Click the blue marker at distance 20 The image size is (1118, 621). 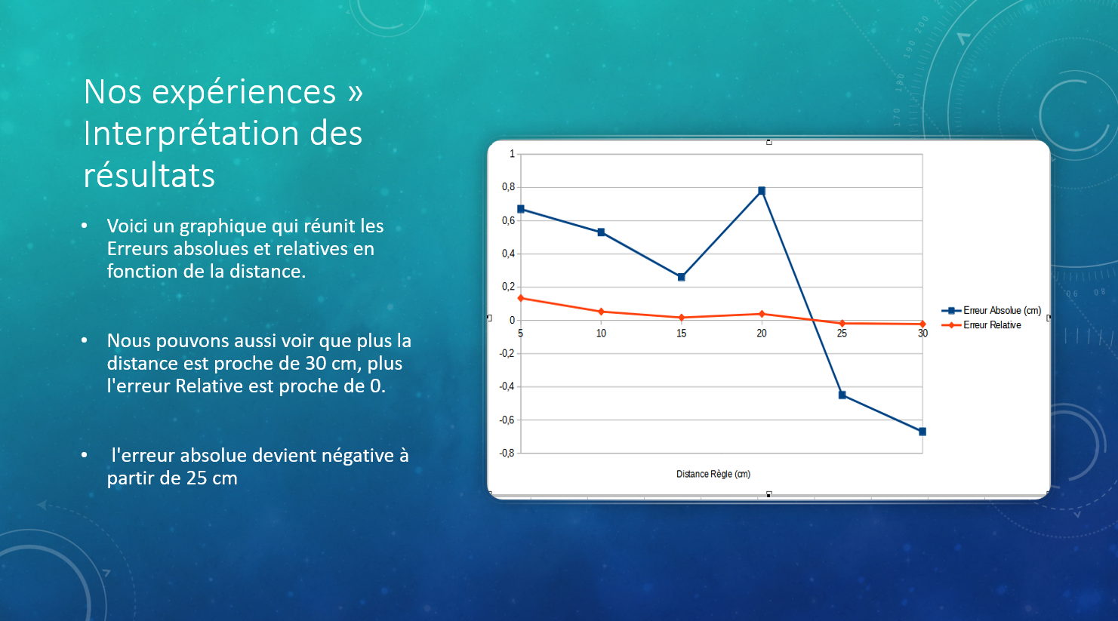(762, 191)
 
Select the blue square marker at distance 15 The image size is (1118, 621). (681, 277)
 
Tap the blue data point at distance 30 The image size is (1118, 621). (922, 432)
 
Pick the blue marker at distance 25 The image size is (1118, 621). (842, 395)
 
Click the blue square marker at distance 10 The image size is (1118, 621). (601, 232)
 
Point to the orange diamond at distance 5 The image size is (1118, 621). (521, 298)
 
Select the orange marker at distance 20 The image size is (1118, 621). (762, 314)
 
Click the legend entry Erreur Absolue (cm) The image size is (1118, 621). (991, 310)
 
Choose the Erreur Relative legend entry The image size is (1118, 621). (981, 325)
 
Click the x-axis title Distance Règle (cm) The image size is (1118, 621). (713, 474)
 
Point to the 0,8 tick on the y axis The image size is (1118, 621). (508, 187)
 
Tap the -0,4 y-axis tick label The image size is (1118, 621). (507, 386)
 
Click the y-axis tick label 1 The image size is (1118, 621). (512, 154)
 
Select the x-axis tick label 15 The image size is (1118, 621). (681, 334)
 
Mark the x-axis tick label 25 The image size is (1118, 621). (842, 334)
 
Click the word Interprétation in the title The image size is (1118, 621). (191, 134)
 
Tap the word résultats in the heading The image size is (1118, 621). (149, 175)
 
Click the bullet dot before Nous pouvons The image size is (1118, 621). (85, 340)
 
